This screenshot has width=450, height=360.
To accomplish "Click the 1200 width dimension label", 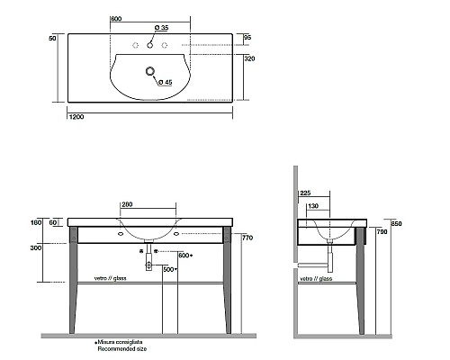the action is [x=76, y=117].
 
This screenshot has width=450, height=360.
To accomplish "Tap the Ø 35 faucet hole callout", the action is [x=161, y=28].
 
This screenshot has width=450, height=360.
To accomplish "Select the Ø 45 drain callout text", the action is [x=166, y=82].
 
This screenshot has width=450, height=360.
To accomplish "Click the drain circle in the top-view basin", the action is [x=150, y=71].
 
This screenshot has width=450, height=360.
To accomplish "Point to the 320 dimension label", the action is [x=249, y=58].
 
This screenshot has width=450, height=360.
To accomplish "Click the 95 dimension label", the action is [x=247, y=38].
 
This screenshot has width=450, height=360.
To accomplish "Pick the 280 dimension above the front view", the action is [x=127, y=204].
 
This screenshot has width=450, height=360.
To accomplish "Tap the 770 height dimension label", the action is [x=247, y=238].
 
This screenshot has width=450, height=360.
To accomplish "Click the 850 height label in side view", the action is [x=396, y=223].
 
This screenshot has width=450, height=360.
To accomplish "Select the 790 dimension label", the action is [x=382, y=231].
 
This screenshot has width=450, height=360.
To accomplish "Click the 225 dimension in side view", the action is [x=305, y=193].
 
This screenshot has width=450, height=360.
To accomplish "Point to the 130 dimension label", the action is [x=313, y=206].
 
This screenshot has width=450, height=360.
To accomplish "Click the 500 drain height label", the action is [x=168, y=269].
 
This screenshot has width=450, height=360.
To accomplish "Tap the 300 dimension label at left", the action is [x=36, y=248].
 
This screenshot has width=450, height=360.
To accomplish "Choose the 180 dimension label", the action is [x=36, y=223].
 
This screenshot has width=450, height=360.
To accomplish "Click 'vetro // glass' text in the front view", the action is [x=110, y=278].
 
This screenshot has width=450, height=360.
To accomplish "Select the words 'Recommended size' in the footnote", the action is [x=122, y=349].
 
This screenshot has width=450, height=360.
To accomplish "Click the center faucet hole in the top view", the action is [x=150, y=45].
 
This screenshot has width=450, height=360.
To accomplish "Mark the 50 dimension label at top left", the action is [x=52, y=39].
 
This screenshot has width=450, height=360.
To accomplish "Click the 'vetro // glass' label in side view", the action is [x=316, y=279].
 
